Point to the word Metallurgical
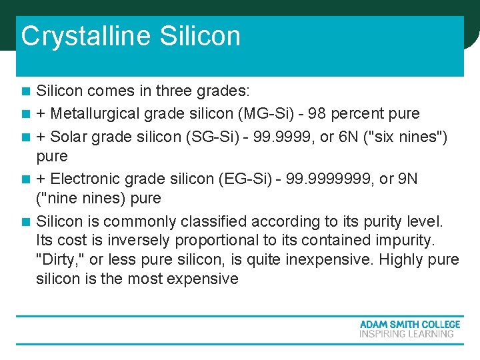(94, 114)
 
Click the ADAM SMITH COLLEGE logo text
(409, 324)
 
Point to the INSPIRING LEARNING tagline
(407, 333)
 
